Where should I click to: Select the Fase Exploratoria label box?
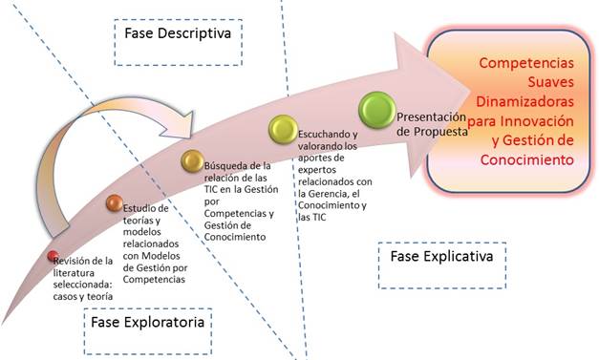coord(146,323)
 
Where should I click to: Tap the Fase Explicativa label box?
coord(440,257)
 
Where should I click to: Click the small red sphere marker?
coord(53,255)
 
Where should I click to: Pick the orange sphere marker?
coord(114,202)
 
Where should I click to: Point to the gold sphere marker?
coord(192,159)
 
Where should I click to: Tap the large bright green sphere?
coord(375,109)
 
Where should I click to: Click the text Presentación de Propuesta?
coord(431,123)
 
